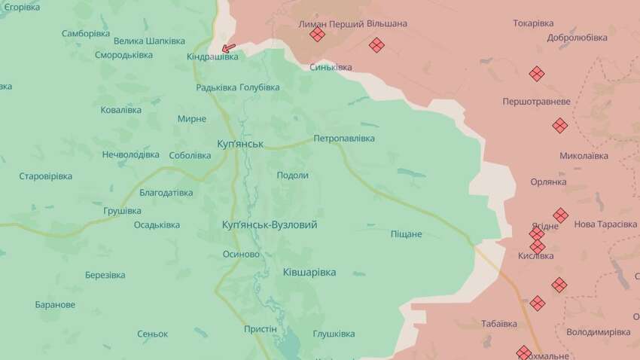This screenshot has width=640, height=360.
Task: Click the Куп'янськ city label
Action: coord(239,143)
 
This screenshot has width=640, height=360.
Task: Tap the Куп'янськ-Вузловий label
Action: coord(270,224)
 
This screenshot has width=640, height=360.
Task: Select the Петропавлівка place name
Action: coord(344,139)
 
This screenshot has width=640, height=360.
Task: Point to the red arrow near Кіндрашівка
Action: coord(228,47)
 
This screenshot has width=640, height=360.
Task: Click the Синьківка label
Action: coord(331,67)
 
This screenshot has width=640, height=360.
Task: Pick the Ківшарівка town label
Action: coord(309,272)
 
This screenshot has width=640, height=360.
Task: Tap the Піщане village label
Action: coord(406,234)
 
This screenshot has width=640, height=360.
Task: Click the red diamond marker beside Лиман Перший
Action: coord(317,34)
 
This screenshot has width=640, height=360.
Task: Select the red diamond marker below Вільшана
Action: coord(376,45)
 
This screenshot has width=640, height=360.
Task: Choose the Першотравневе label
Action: coord(536,101)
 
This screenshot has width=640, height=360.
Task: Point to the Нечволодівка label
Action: coord(131,154)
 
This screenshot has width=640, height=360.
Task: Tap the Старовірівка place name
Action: coord(45,176)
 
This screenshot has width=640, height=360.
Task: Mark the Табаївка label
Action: coord(499,324)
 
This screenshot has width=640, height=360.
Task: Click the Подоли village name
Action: coord(293,175)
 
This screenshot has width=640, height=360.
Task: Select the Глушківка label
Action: coord(334,334)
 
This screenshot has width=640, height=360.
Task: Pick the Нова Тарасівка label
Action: coord(605,224)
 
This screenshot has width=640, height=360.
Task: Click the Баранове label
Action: coord(55,304)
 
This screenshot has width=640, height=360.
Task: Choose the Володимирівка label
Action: coord(598,331)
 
